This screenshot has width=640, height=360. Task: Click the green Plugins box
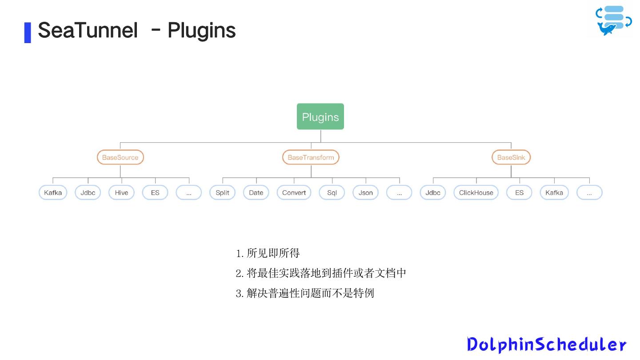320,117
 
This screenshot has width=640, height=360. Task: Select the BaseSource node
120,157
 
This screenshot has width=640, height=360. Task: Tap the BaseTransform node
311,157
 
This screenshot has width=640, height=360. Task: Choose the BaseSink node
511,157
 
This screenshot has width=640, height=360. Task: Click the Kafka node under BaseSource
53,192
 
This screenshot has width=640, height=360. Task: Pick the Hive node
121,192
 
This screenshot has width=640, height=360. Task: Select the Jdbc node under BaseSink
432,192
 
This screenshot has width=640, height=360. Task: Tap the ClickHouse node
476,192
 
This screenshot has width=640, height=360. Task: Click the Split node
222,192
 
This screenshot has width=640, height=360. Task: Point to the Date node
256,192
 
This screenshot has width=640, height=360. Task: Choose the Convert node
294,192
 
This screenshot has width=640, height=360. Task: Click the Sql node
332,192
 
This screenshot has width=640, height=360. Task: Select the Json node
365,192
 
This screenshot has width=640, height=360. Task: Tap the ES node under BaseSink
519,192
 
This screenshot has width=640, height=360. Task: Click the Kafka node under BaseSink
554,192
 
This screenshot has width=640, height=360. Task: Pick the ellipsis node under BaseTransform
399,192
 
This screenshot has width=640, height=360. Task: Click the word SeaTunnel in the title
88,31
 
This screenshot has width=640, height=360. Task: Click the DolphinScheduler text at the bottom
547,344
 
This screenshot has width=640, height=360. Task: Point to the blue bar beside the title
28,32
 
